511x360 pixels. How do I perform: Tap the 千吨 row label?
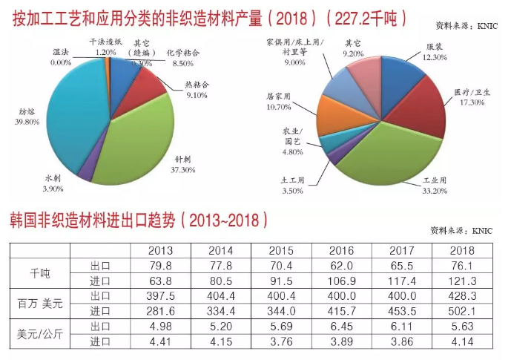click(x=39, y=272)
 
